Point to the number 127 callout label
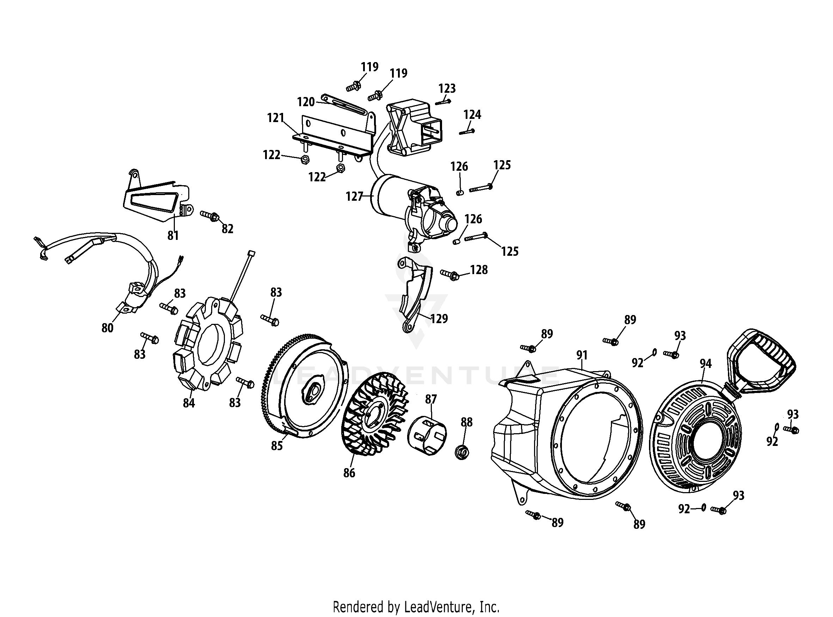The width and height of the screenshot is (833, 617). (x=354, y=196)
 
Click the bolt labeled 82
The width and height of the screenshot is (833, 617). (x=210, y=216)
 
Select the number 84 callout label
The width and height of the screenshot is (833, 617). (x=189, y=403)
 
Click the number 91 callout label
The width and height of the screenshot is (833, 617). (x=582, y=355)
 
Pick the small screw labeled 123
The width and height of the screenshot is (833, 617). (x=443, y=102)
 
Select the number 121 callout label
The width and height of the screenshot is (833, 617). (x=276, y=118)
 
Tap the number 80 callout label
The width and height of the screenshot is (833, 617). (x=108, y=328)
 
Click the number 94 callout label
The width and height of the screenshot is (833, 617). (x=705, y=363)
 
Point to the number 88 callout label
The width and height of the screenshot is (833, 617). (x=466, y=422)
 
